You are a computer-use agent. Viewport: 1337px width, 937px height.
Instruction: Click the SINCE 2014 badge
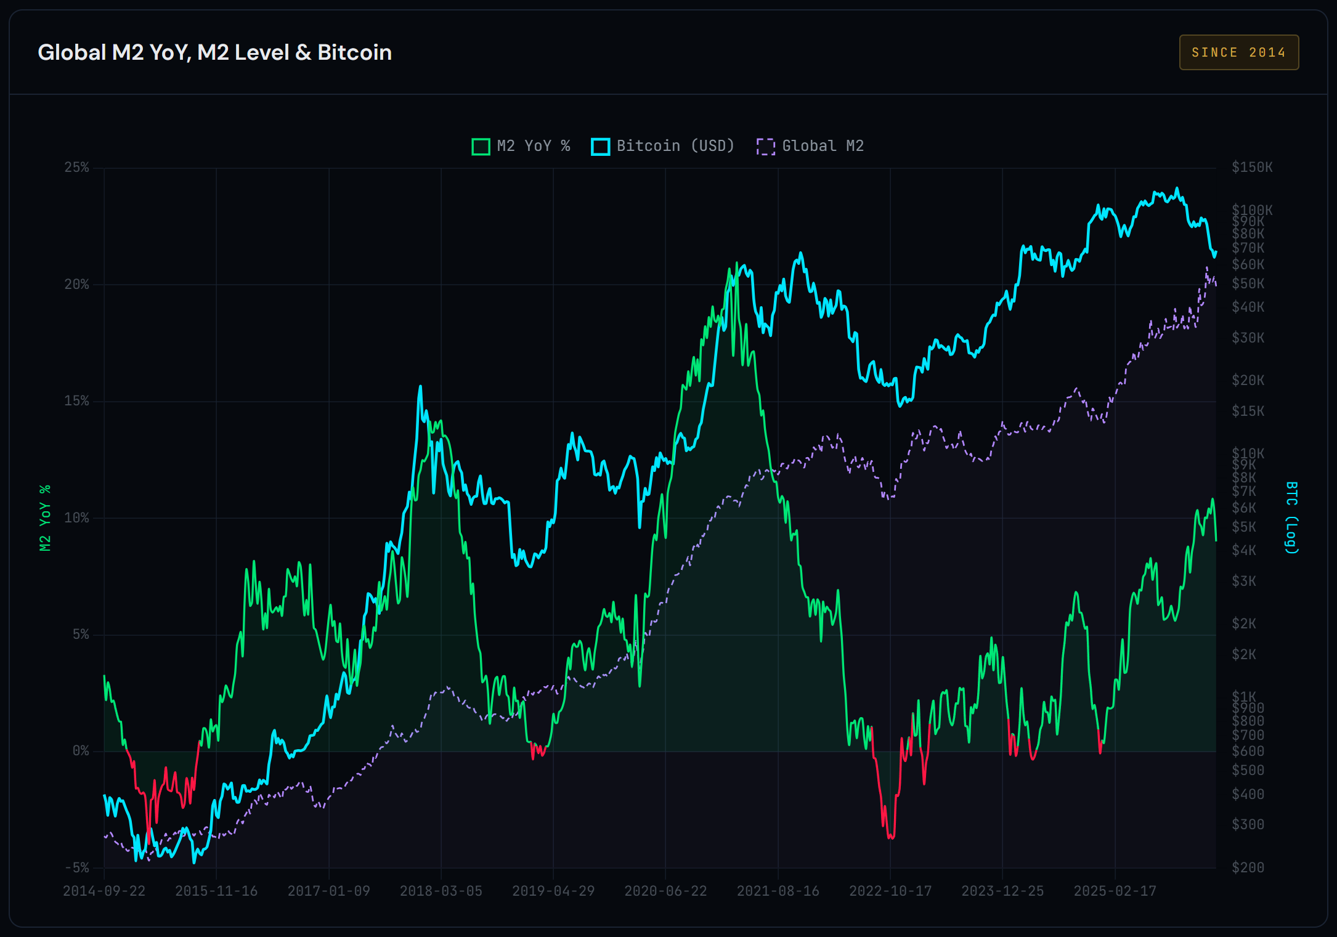pos(1238,52)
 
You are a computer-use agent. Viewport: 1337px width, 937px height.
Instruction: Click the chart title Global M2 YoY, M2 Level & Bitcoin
pos(214,52)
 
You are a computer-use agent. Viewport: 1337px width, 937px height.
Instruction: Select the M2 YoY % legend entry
pos(521,146)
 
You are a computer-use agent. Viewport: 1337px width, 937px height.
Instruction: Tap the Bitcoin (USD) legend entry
pos(663,146)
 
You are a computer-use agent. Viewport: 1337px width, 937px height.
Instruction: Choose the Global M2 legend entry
pos(810,146)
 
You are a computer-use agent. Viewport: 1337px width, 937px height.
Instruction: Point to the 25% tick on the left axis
pos(77,168)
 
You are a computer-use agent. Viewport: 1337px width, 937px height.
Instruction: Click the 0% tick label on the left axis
pos(81,751)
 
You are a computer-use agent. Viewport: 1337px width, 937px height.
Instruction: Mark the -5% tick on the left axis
pos(77,868)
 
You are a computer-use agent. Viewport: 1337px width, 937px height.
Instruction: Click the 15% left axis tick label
pos(77,401)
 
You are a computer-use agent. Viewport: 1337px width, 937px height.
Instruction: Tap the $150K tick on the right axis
pos(1252,168)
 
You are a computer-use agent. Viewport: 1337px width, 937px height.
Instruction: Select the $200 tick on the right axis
pos(1248,868)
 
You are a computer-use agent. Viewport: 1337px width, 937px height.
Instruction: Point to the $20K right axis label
pos(1248,380)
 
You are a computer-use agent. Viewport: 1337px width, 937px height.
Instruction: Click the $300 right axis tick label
pos(1248,824)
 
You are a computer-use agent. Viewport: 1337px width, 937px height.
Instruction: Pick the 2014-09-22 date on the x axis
pos(104,891)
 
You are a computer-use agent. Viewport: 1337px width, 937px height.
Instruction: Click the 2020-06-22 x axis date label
pos(665,891)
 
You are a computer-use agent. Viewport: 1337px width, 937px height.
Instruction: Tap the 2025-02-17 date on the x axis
pos(1115,891)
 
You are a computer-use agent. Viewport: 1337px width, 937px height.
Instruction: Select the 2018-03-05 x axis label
pos(441,891)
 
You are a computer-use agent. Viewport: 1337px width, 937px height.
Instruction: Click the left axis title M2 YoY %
pos(45,517)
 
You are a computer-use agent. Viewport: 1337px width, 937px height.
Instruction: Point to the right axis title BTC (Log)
pos(1291,517)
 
